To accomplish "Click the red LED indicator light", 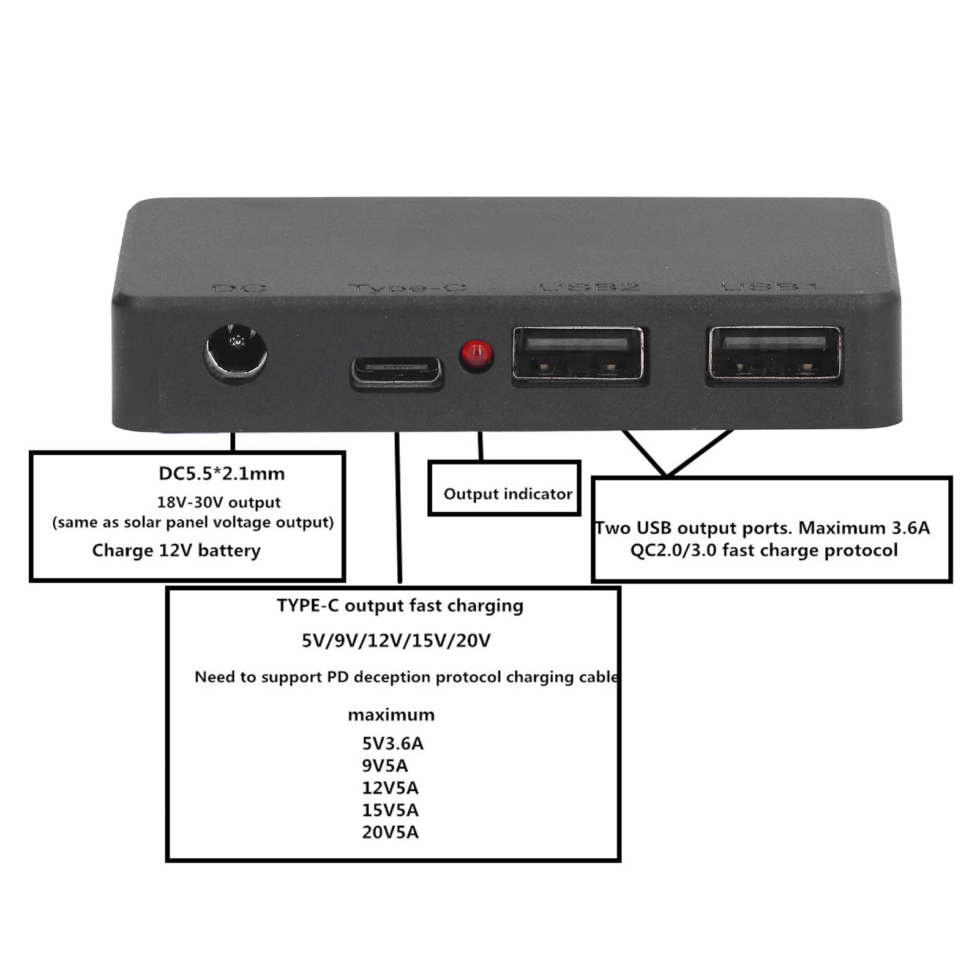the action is coord(477,355).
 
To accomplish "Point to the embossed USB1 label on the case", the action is coord(769,286).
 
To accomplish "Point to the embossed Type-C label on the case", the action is coord(407,287).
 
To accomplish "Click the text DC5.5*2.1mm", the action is coord(222,473).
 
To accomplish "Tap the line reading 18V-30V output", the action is coord(219,503).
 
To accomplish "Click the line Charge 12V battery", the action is coord(176,550).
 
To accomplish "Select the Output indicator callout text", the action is coord(507,494).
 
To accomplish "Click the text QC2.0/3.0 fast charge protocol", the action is coord(764,550).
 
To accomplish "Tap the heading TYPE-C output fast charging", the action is coord(400,605).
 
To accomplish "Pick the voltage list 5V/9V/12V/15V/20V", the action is coord(396,641).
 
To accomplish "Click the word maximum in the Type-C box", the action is coord(391,715).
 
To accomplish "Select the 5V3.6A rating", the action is coord(392,743).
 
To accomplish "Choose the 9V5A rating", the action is coord(385,766).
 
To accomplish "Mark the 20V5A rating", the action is coord(390,832).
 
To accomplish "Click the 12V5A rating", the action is coord(390,788).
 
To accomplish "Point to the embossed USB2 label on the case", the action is coord(589,286).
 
